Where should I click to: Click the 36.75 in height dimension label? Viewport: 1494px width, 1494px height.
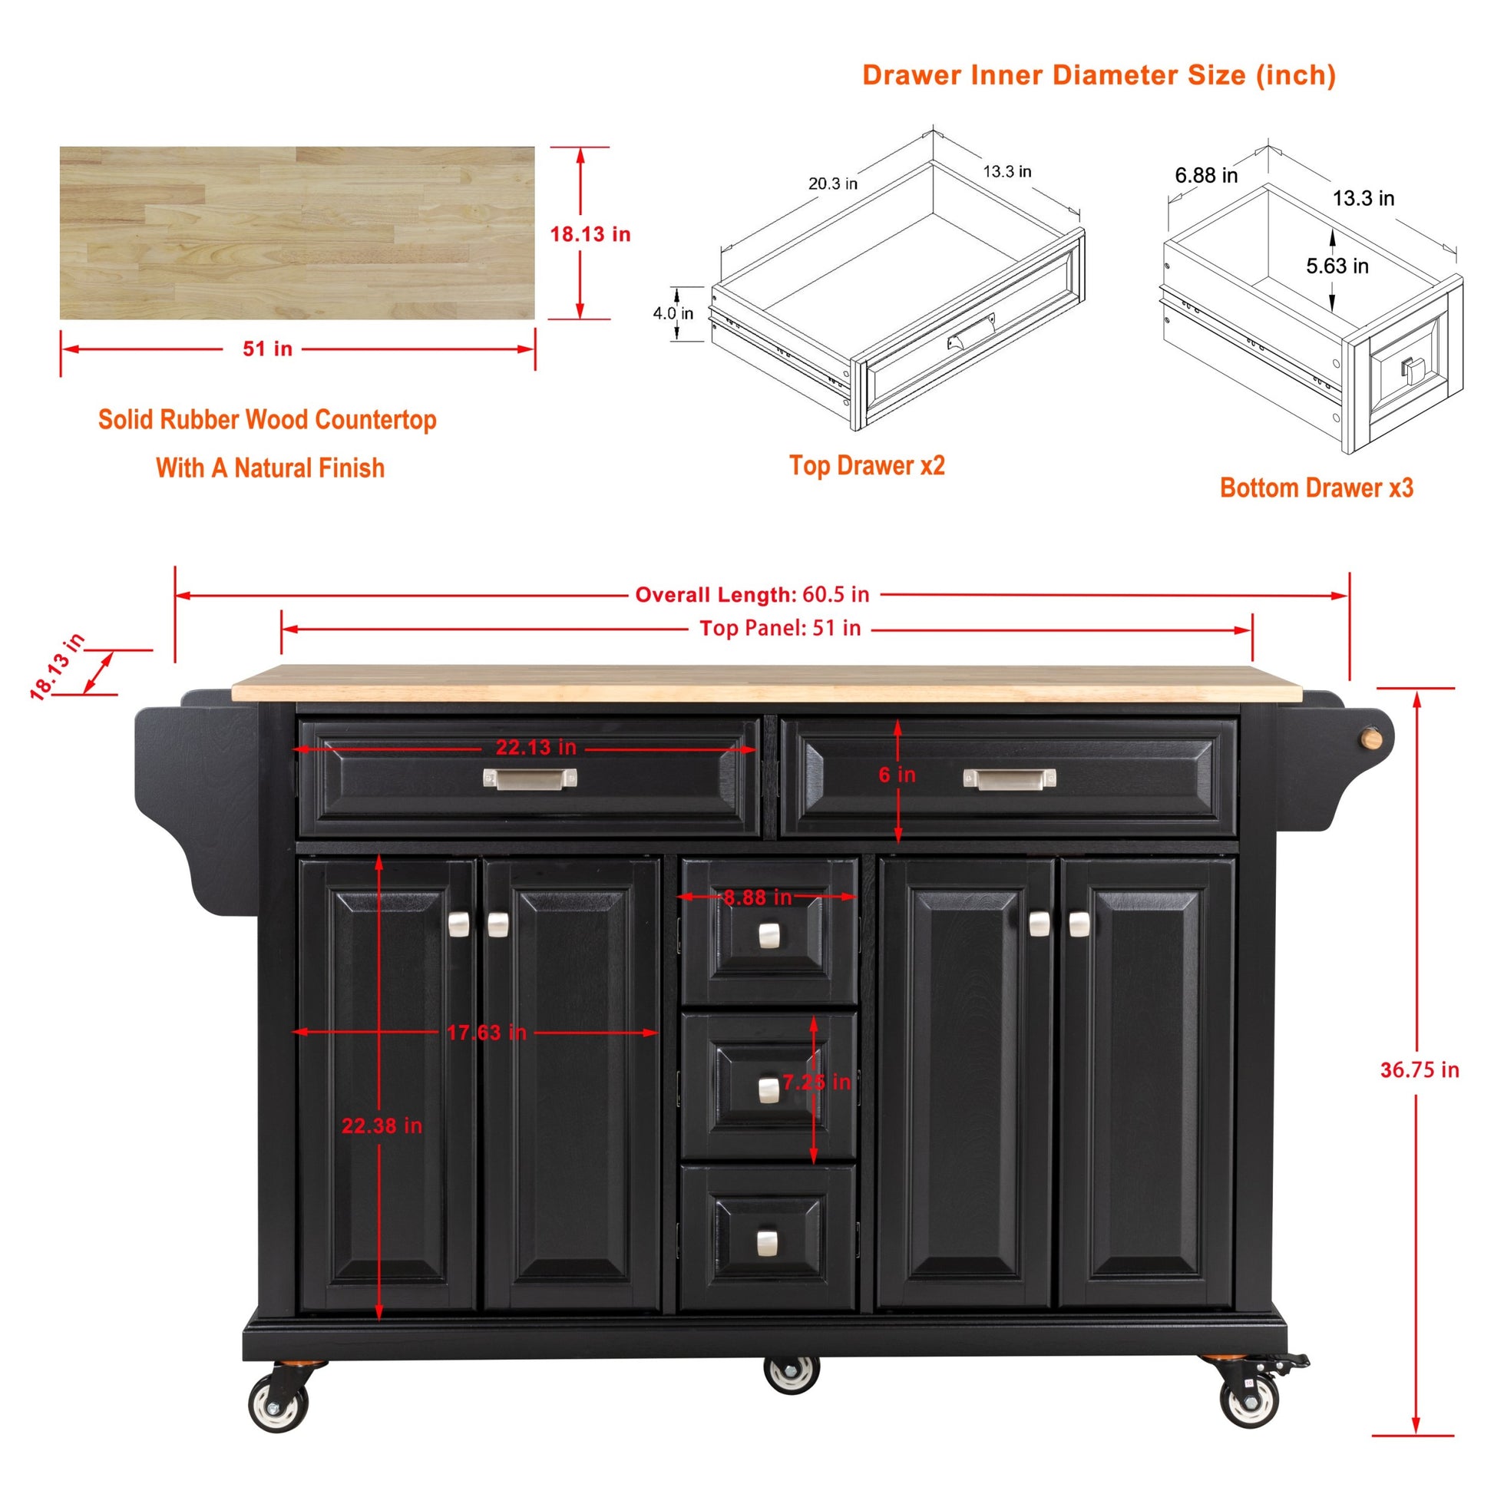pyautogui.click(x=1420, y=1070)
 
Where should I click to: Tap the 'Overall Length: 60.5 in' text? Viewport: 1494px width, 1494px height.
pyautogui.click(x=752, y=595)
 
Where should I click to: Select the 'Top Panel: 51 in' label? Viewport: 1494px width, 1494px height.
pyautogui.click(x=780, y=628)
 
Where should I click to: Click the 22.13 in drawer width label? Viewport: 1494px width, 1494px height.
pyautogui.click(x=536, y=747)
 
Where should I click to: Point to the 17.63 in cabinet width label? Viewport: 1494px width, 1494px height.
pyautogui.click(x=487, y=1033)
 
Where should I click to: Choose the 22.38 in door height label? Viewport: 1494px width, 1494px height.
pyautogui.click(x=382, y=1126)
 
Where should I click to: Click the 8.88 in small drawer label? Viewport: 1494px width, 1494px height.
pyautogui.click(x=758, y=897)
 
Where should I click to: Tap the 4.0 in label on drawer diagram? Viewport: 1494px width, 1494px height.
pyautogui.click(x=673, y=313)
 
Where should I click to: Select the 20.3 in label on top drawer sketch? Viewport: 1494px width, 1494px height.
pyautogui.click(x=833, y=183)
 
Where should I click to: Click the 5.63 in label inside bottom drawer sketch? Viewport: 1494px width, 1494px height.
pyautogui.click(x=1337, y=266)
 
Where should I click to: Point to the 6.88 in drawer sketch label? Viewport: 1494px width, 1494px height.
pyautogui.click(x=1206, y=176)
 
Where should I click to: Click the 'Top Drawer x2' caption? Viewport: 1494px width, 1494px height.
pyautogui.click(x=867, y=465)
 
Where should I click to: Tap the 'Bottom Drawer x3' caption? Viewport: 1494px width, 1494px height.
pyautogui.click(x=1316, y=488)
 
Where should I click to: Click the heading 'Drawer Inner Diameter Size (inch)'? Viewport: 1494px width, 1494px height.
pyautogui.click(x=1099, y=75)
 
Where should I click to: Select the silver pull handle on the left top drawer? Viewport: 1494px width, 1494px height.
pyautogui.click(x=530, y=778)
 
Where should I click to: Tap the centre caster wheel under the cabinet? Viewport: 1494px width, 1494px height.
pyautogui.click(x=791, y=1374)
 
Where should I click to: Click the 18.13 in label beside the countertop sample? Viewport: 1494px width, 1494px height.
pyautogui.click(x=590, y=234)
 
